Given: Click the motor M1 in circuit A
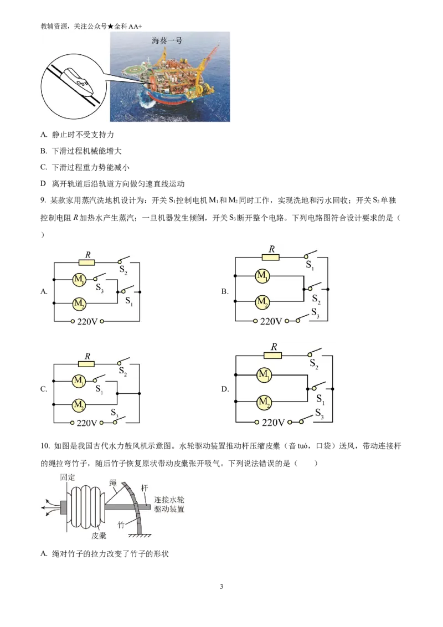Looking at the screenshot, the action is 79,279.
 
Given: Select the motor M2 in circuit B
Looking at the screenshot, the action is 262,302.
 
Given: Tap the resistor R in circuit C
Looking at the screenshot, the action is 86,364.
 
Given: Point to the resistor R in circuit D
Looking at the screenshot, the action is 272,355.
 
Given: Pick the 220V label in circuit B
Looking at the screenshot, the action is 271,321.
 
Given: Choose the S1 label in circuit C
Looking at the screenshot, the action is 99,389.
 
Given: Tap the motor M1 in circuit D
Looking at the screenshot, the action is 264,375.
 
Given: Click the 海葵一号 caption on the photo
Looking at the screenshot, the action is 167,40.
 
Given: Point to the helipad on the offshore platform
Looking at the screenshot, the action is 135,71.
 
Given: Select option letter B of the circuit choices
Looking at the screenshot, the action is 225,291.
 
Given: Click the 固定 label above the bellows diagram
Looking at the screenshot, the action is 68,477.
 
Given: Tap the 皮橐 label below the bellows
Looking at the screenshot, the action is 99,536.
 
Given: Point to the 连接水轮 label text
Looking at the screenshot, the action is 169,500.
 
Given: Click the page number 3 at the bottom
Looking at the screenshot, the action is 221,587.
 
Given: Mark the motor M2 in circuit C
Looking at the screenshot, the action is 79,405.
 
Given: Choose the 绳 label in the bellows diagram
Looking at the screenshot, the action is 113,482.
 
